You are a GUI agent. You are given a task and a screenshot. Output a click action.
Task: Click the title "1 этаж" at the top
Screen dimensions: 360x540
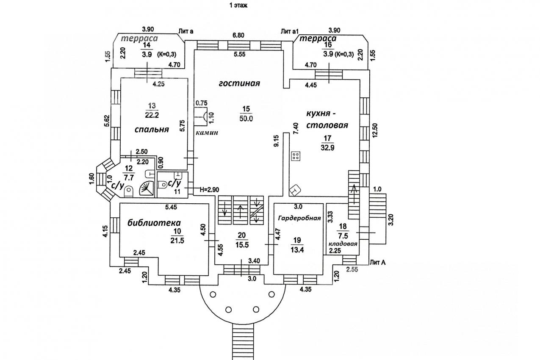point(238,6)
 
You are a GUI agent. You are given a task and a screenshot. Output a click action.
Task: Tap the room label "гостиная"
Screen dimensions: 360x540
point(239,83)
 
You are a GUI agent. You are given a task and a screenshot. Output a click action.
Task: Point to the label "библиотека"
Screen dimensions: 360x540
point(155,223)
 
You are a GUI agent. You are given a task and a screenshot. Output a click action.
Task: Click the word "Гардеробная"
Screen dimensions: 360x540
point(299,218)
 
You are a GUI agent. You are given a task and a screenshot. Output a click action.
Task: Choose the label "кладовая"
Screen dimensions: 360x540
point(343,244)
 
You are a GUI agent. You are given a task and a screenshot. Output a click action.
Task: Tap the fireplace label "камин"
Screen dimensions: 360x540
point(207,133)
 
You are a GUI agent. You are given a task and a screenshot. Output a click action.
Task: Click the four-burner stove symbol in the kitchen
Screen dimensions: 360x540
point(296,156)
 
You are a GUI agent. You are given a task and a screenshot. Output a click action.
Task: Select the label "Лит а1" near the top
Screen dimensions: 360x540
point(290,31)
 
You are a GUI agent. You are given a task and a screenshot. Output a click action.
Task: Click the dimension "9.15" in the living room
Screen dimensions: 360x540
point(276,141)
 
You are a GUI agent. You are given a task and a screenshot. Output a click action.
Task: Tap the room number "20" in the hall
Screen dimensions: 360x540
point(241,235)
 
